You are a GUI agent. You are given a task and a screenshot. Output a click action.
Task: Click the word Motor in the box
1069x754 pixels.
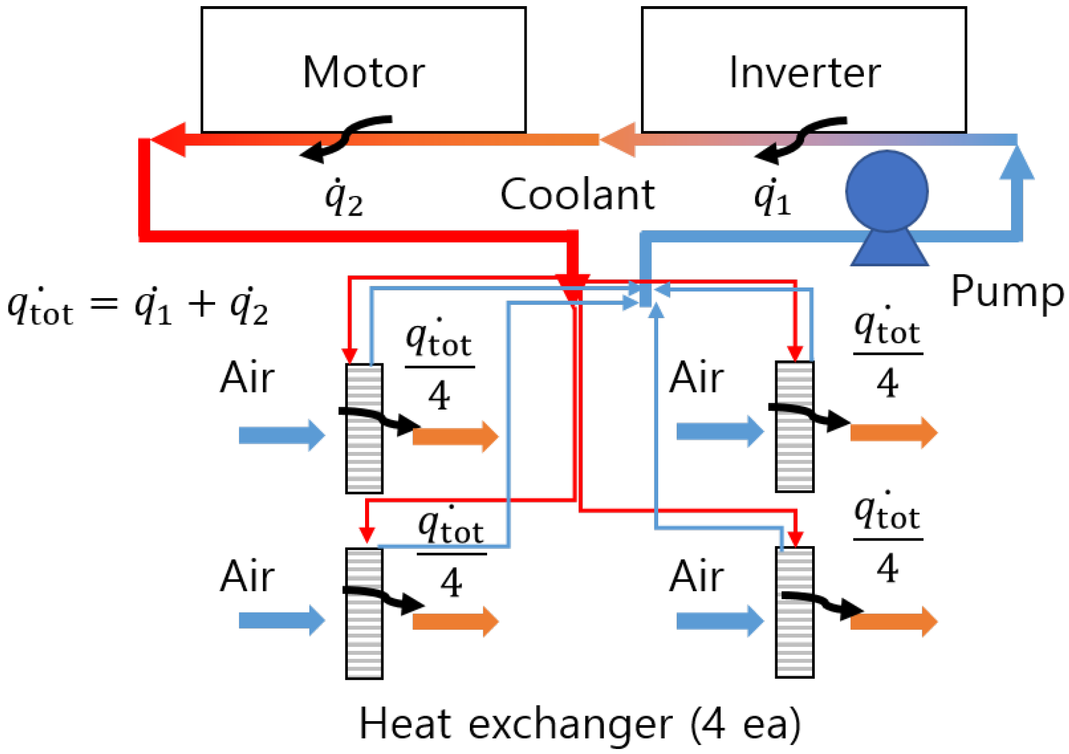coord(363,72)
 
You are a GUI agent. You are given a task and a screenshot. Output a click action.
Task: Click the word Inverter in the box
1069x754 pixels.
coord(804,72)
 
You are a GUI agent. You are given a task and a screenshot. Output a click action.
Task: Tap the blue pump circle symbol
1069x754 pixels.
coord(886,191)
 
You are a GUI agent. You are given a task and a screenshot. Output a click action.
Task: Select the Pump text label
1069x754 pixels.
coord(1007,292)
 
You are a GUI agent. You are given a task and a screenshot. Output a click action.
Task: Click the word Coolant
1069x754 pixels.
coord(577,195)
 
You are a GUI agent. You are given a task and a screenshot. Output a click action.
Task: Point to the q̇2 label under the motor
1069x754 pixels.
coord(344,198)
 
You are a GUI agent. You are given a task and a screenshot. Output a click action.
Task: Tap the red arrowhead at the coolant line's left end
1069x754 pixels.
coord(168,139)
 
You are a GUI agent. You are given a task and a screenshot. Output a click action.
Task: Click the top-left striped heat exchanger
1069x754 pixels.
coord(364,428)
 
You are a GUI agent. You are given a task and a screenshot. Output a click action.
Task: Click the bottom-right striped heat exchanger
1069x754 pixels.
coord(794,612)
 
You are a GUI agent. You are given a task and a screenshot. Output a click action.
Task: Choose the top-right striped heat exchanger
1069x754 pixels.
coord(794,426)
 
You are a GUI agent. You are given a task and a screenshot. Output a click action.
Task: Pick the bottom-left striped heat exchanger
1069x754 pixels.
coord(364,613)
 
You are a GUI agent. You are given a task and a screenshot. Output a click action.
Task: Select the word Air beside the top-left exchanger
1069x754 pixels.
coord(247,378)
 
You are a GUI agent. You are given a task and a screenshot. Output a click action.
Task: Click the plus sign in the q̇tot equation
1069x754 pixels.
coord(201,304)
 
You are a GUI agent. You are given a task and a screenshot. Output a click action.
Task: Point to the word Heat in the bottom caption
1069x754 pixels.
coord(405,724)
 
